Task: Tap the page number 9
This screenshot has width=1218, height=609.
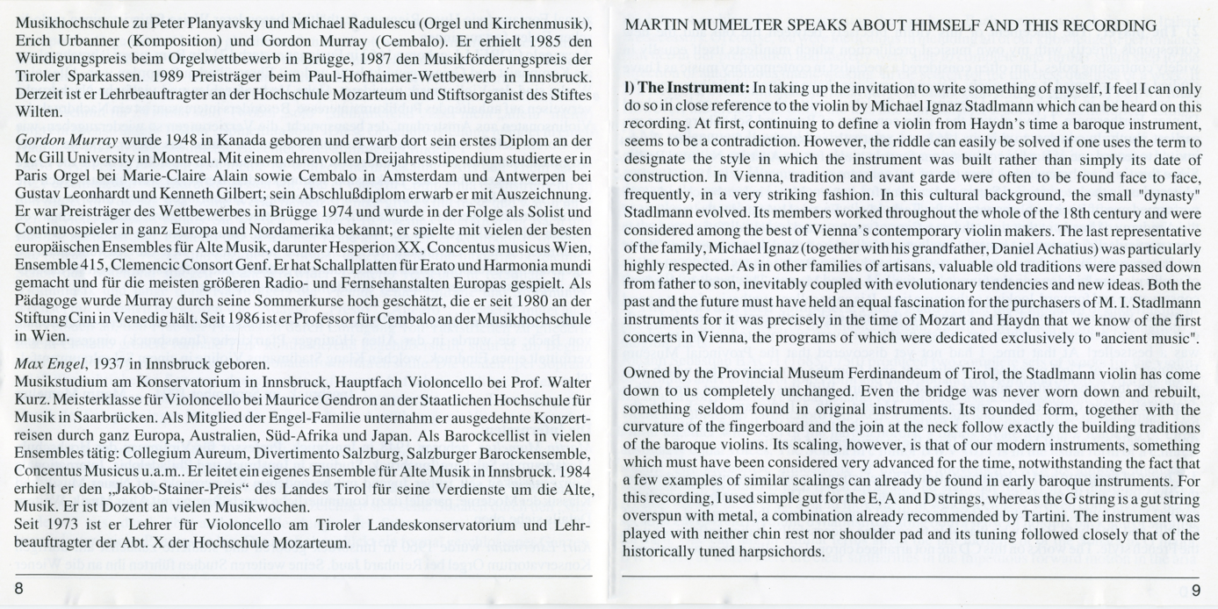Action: click(x=1195, y=588)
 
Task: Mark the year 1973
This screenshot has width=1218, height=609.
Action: click(x=63, y=526)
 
